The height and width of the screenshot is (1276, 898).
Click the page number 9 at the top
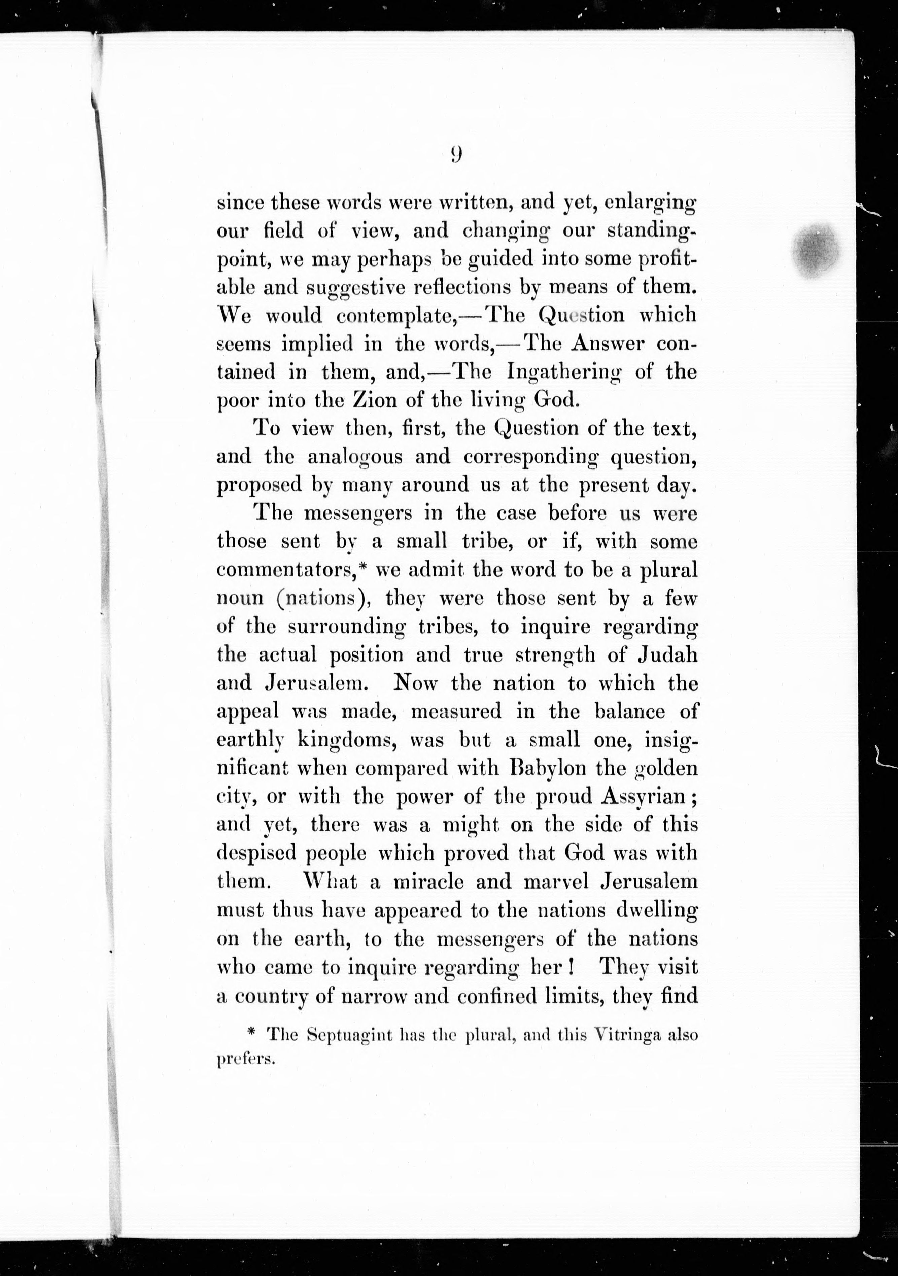(x=456, y=154)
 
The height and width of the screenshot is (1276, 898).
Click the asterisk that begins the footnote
(x=251, y=1032)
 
